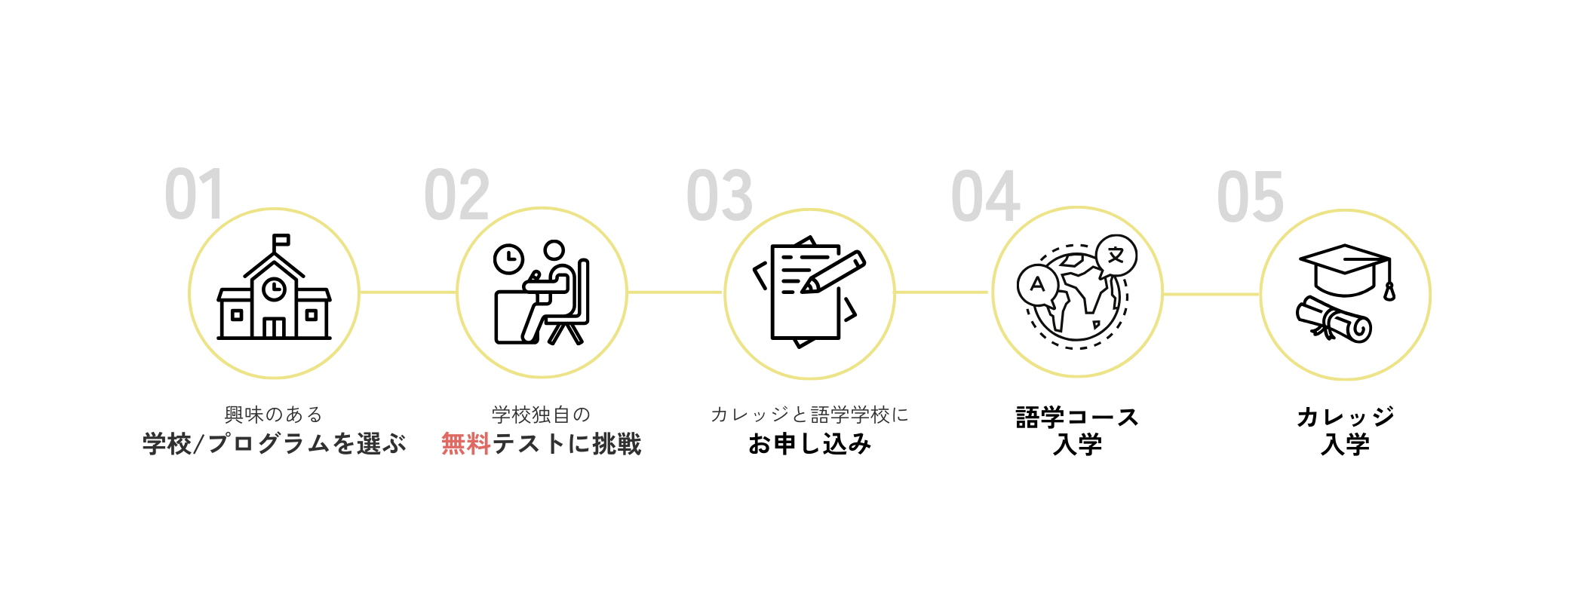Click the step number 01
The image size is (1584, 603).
point(194,194)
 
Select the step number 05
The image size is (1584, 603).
point(1250,197)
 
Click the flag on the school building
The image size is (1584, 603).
point(281,240)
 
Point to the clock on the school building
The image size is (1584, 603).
point(274,289)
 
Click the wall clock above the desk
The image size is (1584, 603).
point(508,259)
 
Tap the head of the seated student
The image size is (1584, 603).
point(554,250)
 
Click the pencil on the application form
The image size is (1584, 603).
point(833,271)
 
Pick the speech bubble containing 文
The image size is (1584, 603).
point(1116,256)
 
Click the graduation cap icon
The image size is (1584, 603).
point(1344,270)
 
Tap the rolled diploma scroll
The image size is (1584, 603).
point(1334,320)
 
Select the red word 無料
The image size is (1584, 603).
point(466,444)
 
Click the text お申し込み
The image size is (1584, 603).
point(809,444)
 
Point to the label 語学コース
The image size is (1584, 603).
point(1077,417)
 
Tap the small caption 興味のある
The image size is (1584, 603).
point(273,415)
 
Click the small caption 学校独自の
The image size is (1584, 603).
point(541,415)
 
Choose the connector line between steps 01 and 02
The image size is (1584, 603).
point(408,292)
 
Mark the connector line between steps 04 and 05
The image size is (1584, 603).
point(1211,294)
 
